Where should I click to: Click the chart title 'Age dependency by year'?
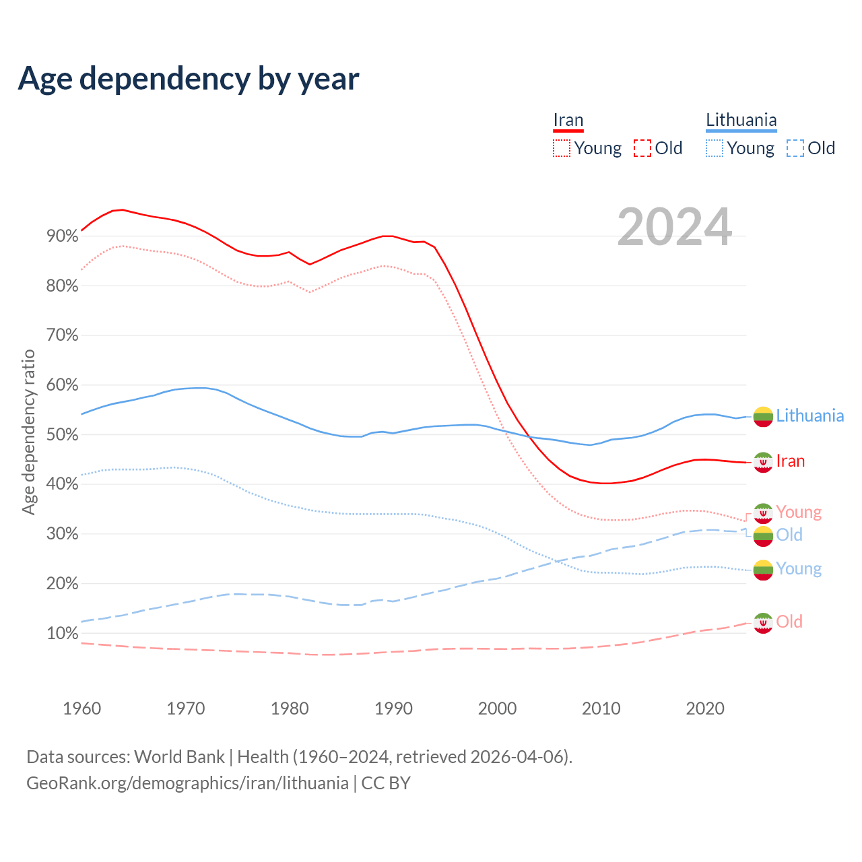(x=189, y=78)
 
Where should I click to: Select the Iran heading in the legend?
(x=568, y=121)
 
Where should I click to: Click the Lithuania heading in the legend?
(x=741, y=121)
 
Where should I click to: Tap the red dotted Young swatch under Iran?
(x=562, y=148)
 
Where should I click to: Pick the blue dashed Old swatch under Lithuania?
(x=795, y=148)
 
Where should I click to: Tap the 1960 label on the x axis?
(x=81, y=708)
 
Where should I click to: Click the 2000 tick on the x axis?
(x=497, y=708)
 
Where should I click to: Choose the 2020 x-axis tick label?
(x=705, y=708)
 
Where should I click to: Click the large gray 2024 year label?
(x=674, y=228)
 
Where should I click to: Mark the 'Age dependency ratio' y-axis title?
(x=28, y=432)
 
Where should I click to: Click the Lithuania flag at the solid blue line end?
(x=763, y=417)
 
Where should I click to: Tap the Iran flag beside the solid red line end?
(x=763, y=462)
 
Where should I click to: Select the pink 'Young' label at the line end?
(x=799, y=512)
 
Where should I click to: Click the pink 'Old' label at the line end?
(x=789, y=622)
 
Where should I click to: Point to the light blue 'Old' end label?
(x=789, y=535)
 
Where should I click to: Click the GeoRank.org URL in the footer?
(x=187, y=783)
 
